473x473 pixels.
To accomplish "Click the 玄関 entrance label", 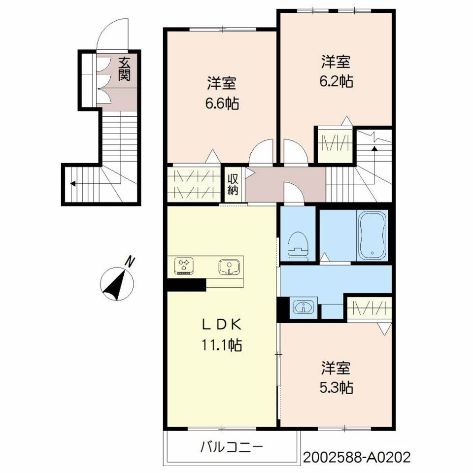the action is (124, 69).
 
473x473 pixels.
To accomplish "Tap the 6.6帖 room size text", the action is (222, 104).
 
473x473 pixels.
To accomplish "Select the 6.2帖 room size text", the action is (336, 81).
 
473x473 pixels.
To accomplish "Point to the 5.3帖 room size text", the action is (336, 388).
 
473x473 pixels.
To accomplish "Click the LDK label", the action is (221, 325).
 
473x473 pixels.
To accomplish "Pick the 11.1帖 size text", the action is (221, 345).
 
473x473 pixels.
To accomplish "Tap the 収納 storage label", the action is (233, 185).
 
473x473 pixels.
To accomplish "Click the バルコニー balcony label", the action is (232, 447).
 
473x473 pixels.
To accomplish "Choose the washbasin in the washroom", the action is (303, 307).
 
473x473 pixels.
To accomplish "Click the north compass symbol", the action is (117, 283).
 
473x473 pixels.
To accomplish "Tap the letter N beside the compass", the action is (130, 261).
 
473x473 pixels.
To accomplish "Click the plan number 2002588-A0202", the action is (357, 457).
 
